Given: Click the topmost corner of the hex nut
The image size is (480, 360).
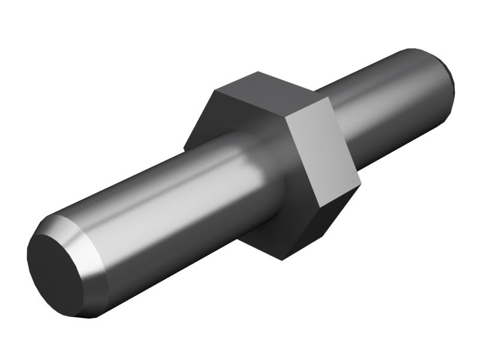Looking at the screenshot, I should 259,71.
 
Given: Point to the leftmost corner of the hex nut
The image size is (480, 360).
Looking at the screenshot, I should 184,147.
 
